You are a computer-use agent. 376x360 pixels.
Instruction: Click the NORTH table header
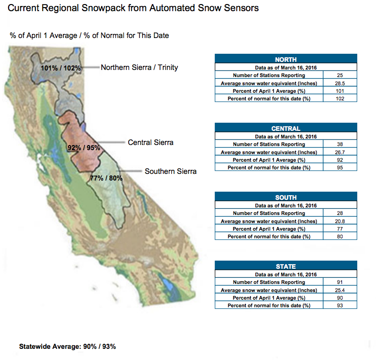[286, 59]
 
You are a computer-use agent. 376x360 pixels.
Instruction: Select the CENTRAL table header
[286, 128]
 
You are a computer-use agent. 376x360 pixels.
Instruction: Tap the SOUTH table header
[286, 197]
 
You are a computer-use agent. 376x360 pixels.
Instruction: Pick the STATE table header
[286, 266]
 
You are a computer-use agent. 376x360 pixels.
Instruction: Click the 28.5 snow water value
[340, 83]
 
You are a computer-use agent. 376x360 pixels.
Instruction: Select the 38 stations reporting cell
[340, 144]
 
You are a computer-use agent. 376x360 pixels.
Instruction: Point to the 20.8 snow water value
[340, 221]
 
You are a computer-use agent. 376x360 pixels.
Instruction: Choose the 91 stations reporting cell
[340, 282]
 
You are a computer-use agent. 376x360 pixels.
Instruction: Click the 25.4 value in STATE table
[340, 290]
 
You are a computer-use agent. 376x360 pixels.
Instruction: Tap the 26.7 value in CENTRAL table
[340, 152]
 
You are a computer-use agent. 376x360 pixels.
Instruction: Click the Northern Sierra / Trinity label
[139, 67]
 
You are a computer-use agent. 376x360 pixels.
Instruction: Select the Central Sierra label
[151, 142]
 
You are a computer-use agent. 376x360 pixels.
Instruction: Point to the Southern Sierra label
[170, 171]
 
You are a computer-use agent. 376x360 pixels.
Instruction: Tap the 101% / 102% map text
[61, 68]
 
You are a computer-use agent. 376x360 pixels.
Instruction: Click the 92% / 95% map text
[84, 148]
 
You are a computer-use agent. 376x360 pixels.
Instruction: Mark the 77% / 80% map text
[106, 178]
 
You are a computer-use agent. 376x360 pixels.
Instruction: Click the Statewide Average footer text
[67, 346]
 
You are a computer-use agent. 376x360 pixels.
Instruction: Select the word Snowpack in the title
[103, 8]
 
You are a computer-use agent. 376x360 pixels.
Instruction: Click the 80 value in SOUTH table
[340, 236]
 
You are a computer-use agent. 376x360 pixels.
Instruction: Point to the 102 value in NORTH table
[340, 99]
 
